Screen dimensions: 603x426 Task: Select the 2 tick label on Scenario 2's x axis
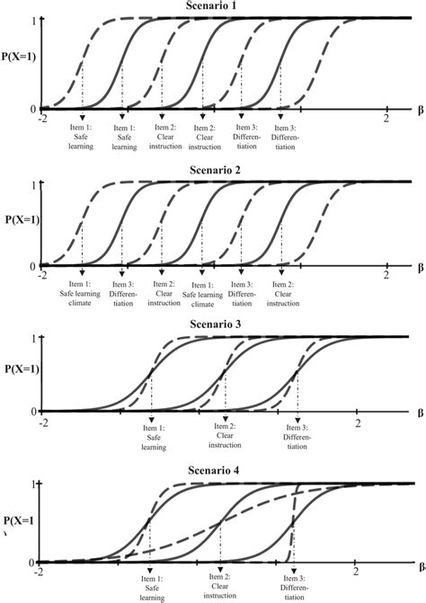[386, 274]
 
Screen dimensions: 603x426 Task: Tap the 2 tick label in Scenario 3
[358, 421]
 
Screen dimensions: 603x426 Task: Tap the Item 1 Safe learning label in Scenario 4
[148, 590]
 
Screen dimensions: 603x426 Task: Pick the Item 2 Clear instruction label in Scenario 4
[220, 590]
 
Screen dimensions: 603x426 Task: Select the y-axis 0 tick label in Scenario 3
[33, 412]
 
